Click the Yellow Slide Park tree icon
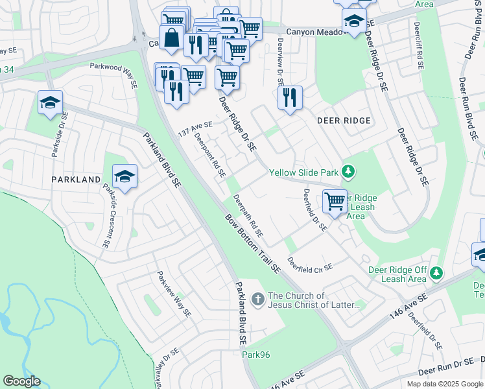(x=349, y=172)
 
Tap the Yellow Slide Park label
(x=304, y=172)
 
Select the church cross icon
(x=258, y=299)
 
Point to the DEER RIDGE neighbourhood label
(x=344, y=121)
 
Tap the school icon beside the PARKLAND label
(x=124, y=176)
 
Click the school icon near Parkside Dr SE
(x=50, y=103)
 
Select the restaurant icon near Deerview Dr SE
(x=290, y=97)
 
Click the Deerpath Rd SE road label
(x=248, y=216)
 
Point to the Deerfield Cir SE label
(x=311, y=266)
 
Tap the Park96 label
(x=255, y=354)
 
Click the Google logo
(x=21, y=381)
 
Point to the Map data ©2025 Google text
(x=445, y=384)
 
